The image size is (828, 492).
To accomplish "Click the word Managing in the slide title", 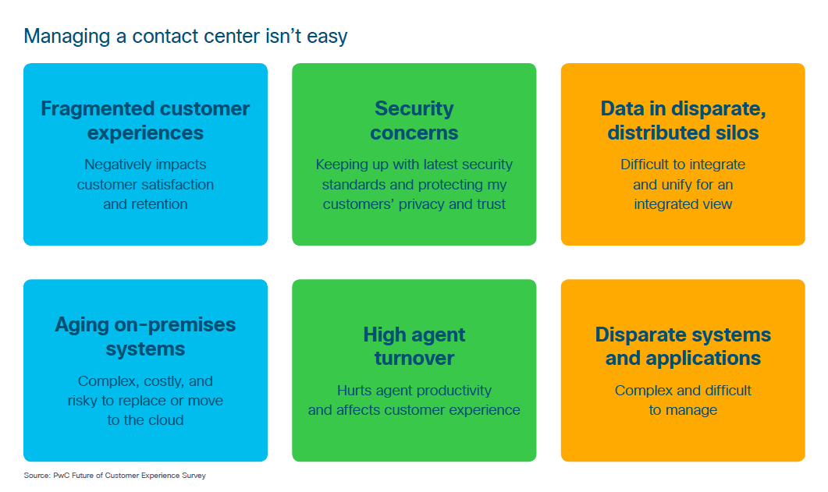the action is (67, 37).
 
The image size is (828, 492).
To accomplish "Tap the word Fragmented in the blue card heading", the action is (98, 108).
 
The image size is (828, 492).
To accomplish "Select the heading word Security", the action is (414, 108).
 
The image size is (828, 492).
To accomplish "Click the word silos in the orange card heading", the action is (737, 133).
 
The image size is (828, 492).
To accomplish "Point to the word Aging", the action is (82, 325).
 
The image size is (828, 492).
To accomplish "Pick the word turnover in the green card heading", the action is (414, 358).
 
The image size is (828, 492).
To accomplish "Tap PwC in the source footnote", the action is (59, 476).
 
